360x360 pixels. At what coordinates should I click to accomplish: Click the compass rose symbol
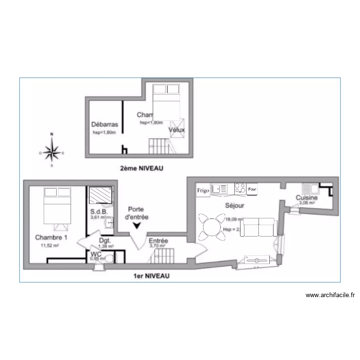[52, 153]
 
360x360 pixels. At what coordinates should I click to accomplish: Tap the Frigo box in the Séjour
[203, 190]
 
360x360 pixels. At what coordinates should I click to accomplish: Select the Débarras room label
[105, 124]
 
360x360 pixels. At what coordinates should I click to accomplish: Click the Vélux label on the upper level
[176, 130]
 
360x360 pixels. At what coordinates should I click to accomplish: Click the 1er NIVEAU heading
[152, 276]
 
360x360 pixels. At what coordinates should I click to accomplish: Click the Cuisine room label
[306, 197]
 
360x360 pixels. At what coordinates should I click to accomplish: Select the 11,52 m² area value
[49, 245]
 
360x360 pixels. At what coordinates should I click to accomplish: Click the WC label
[96, 254]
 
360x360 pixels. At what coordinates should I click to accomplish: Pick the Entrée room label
[158, 240]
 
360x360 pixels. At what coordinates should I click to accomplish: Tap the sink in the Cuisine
[307, 187]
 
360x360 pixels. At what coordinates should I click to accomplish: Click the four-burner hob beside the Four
[240, 189]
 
